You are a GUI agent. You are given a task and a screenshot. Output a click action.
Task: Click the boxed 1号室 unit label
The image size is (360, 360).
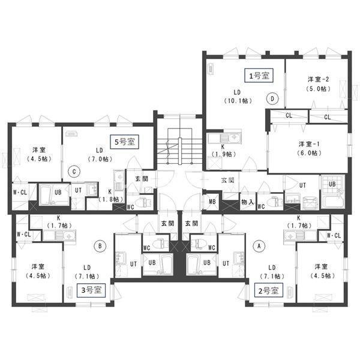(259, 76)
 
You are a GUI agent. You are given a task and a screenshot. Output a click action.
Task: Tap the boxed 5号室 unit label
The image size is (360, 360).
(124, 142)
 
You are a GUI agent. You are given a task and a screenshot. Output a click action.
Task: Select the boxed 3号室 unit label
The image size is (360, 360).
(91, 290)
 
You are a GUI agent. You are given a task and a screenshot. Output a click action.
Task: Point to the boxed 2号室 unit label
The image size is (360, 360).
(268, 290)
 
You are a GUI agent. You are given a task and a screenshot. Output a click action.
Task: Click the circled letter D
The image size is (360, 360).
(272, 99)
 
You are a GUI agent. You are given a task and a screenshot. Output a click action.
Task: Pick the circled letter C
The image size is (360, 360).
(74, 172)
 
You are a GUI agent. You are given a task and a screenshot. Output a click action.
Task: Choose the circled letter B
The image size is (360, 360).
(100, 246)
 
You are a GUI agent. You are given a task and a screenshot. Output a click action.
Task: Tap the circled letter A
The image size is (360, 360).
(259, 246)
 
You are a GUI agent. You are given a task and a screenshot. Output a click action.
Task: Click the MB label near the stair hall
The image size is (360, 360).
(212, 202)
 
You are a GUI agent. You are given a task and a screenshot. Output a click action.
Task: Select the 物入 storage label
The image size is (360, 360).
(247, 202)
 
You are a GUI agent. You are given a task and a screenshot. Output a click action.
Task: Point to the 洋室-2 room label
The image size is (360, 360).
(318, 79)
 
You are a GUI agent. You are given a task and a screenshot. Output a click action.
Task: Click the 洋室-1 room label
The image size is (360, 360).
(309, 144)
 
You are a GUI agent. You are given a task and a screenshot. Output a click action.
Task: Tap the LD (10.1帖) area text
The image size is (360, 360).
(238, 97)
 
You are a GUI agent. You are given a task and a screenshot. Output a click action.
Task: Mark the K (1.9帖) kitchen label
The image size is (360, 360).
(223, 151)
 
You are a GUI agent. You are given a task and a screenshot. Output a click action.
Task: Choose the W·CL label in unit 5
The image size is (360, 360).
(20, 193)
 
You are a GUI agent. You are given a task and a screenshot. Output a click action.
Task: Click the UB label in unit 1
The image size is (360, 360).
(332, 184)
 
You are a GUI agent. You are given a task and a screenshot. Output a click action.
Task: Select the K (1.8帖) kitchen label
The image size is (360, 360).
(110, 196)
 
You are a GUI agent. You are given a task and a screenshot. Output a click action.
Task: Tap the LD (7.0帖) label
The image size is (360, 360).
(100, 155)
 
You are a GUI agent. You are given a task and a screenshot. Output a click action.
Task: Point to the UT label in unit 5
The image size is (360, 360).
(78, 190)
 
